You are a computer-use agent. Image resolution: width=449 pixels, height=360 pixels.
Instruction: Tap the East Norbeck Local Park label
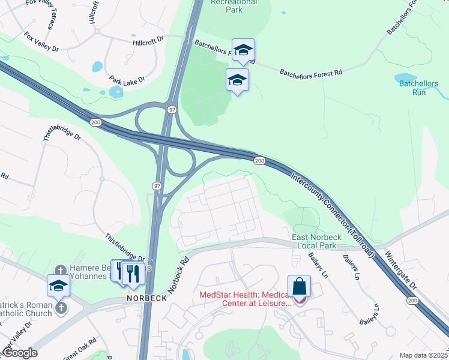coord(316,242)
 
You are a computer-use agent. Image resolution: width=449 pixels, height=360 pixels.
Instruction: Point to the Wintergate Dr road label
coord(402,271)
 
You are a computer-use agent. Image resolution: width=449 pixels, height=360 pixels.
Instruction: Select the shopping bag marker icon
coord(299,287)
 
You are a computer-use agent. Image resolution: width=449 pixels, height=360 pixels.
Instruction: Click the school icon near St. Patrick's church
coord(58,286)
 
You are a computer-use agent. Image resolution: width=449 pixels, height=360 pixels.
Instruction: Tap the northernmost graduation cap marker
coord(243,50)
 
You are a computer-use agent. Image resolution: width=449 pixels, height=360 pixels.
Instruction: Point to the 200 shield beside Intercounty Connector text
coord(259,161)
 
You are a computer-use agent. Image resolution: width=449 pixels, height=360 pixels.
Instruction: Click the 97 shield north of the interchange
coord(172,110)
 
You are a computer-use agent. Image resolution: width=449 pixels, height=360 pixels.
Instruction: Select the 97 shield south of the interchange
coord(157,187)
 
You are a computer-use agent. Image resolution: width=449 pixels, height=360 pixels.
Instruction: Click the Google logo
coord(19,353)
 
